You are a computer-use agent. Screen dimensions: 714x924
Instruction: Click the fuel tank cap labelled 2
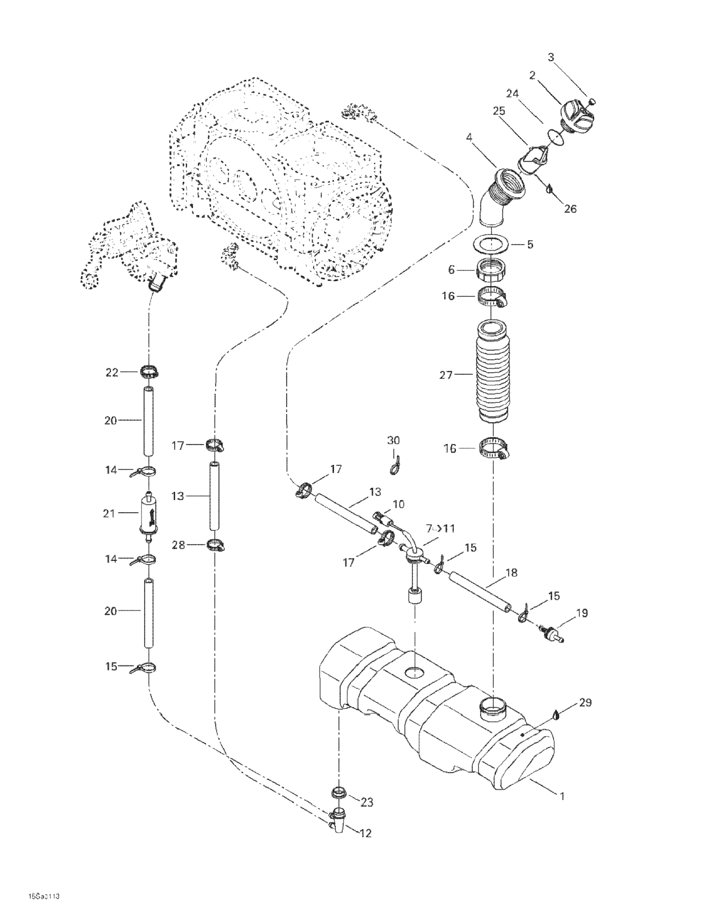tap(577, 114)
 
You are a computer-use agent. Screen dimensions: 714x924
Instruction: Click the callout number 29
tap(585, 702)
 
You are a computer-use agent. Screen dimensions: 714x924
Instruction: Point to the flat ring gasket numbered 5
tap(492, 245)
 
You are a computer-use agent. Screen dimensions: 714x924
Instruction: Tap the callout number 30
tap(393, 440)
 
